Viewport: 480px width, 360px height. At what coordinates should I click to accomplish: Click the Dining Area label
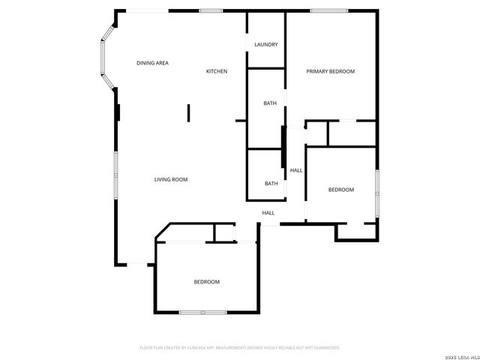click(152, 63)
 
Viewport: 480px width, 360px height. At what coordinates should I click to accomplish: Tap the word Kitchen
click(217, 71)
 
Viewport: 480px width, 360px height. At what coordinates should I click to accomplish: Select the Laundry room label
click(266, 44)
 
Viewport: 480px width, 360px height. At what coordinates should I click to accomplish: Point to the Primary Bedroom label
click(330, 71)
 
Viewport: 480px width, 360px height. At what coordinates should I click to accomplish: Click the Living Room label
click(170, 179)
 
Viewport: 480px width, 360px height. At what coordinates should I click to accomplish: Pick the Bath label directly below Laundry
click(270, 103)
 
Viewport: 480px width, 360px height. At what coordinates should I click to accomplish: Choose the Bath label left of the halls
click(271, 184)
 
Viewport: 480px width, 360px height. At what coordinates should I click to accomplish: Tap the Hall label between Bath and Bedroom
click(296, 170)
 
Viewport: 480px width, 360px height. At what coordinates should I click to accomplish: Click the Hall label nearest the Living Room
click(268, 213)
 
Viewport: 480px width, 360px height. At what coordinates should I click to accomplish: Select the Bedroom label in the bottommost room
click(206, 282)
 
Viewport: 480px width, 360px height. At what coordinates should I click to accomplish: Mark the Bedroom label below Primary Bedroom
click(340, 190)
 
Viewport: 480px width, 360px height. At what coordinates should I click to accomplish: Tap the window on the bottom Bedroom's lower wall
click(202, 312)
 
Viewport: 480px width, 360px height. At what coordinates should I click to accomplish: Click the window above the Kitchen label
click(211, 10)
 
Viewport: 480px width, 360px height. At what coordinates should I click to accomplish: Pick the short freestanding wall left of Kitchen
click(189, 112)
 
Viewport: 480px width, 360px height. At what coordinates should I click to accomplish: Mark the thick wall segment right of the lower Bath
click(283, 148)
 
